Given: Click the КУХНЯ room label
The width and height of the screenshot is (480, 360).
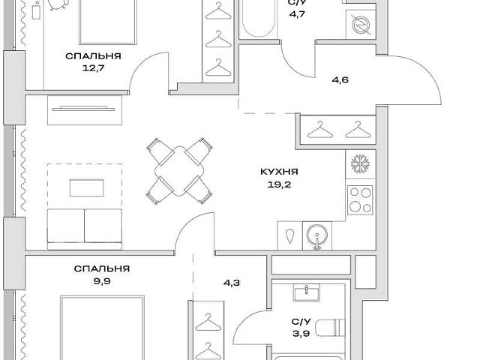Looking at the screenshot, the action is pos(279,172).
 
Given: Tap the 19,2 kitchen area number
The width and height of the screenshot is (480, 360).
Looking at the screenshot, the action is pos(279,184).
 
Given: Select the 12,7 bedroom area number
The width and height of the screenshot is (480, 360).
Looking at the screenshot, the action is pos(93,67).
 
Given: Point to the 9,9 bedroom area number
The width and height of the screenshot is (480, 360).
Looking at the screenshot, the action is pos(102,281).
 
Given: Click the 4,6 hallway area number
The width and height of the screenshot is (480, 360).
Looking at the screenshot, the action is pos(340,80).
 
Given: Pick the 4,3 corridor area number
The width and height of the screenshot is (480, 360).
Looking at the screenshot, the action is pos(232,283).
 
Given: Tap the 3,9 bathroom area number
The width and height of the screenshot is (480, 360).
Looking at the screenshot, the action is pos(301,333).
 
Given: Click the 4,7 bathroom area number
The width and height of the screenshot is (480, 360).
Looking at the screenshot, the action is pos(297,14).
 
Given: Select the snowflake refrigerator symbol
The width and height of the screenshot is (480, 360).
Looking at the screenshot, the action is pos(360,163).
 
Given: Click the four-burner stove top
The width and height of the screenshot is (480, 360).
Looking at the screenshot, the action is pos(360,200).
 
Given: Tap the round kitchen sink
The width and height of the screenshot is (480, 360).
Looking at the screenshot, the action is pos(317,235).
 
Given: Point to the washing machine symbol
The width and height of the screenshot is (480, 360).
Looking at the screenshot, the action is pos(361,24).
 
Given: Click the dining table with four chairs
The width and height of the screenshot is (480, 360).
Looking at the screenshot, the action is pos(179,171).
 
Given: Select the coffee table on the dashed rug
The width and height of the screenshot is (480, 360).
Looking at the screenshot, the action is pos(87,188).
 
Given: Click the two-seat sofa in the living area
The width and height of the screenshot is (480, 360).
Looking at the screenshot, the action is pos(85,229).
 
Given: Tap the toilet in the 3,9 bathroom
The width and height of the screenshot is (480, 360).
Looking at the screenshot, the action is pos(330,328).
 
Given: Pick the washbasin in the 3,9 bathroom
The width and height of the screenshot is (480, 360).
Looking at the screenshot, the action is pos(307,292).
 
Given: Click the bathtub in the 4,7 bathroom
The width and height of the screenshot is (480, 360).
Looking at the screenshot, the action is pos(259,18).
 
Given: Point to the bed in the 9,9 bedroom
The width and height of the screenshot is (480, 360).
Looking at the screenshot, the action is pos(102,328).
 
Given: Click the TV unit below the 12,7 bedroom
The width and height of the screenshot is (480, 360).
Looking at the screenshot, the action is pos(85,110).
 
